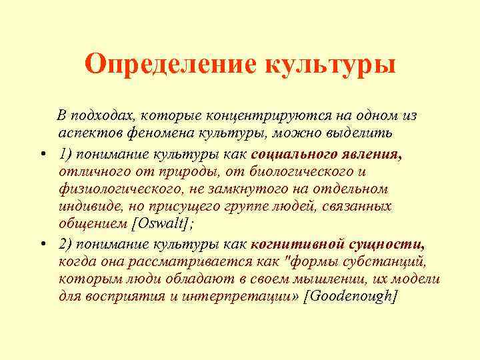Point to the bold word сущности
(x=391, y=243)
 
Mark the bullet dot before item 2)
(x=42, y=243)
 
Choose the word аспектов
(x=87, y=133)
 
